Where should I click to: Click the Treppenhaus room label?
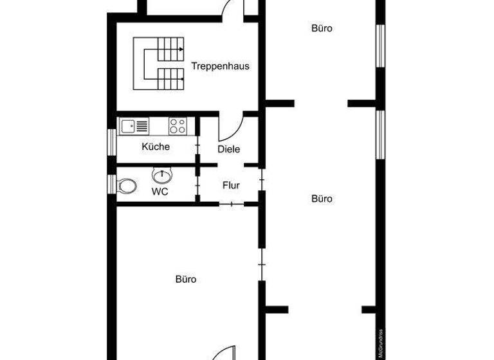click(x=220, y=66)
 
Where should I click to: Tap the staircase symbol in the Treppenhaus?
click(x=159, y=63)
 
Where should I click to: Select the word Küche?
click(x=156, y=147)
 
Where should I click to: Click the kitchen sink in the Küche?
click(x=134, y=126)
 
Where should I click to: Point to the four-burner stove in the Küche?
click(x=178, y=126)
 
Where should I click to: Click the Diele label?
click(x=228, y=149)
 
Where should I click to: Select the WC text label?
click(x=160, y=192)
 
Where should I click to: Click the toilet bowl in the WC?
click(x=127, y=185)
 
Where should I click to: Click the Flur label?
click(x=231, y=186)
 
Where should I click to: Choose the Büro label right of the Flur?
click(x=322, y=199)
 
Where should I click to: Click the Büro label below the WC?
click(x=185, y=280)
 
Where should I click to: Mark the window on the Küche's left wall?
click(x=112, y=142)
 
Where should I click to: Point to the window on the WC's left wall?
click(x=112, y=184)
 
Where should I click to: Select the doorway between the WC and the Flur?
click(x=197, y=185)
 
